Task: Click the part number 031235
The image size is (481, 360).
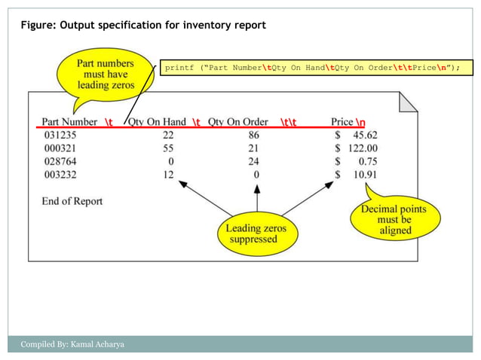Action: pyautogui.click(x=60, y=136)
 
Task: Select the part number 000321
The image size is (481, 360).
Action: pyautogui.click(x=60, y=148)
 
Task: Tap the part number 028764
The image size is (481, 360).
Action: pyautogui.click(x=60, y=161)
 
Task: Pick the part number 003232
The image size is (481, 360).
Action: pyautogui.click(x=60, y=174)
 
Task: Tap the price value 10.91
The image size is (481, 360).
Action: pyautogui.click(x=366, y=174)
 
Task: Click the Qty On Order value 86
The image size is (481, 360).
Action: pyautogui.click(x=253, y=136)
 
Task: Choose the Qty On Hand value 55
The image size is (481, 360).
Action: pyautogui.click(x=169, y=148)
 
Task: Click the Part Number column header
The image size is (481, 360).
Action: pyautogui.click(x=69, y=122)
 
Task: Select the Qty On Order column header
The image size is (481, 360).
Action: pyautogui.click(x=238, y=122)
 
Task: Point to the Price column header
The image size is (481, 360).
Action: pyautogui.click(x=342, y=122)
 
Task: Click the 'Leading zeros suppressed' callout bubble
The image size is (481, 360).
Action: pyautogui.click(x=253, y=233)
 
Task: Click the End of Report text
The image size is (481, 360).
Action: pyautogui.click(x=72, y=201)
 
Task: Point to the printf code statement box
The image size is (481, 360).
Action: pyautogui.click(x=312, y=68)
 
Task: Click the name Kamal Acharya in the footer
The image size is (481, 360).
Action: pyautogui.click(x=97, y=345)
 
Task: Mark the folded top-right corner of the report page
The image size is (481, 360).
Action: pyautogui.click(x=407, y=102)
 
